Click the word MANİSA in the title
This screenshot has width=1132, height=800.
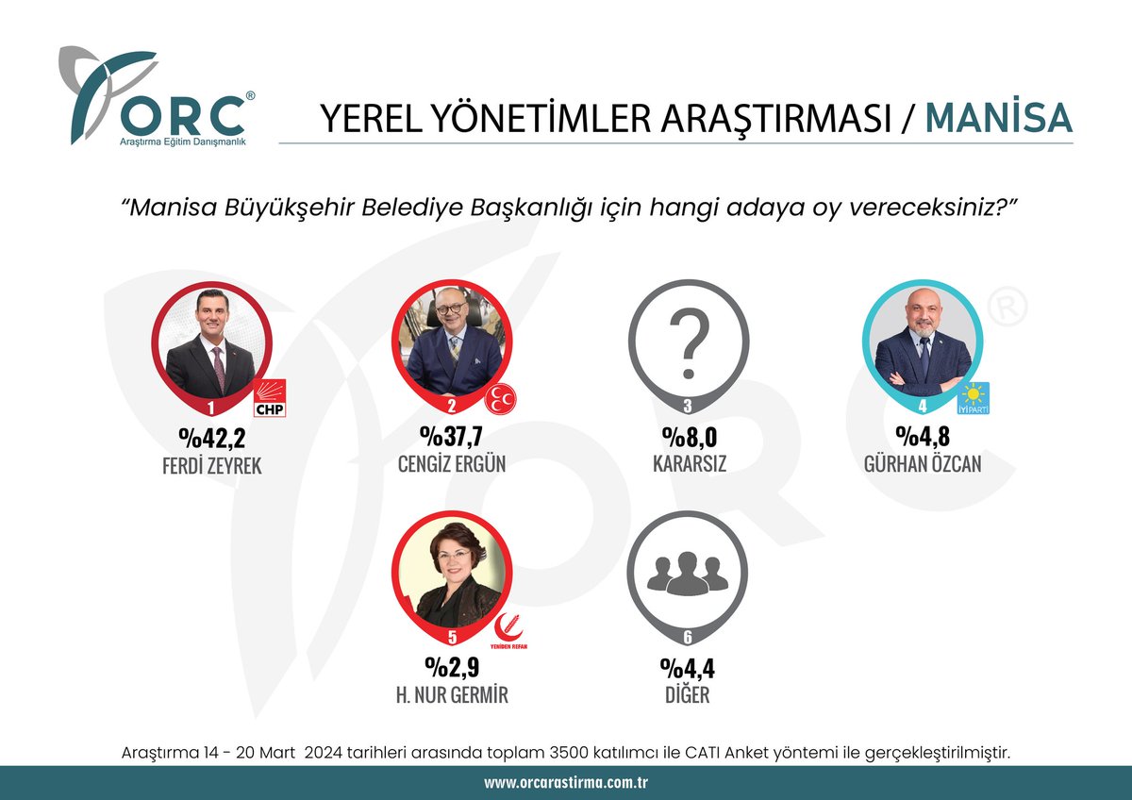coord(999,117)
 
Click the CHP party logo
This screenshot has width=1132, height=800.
coord(269,402)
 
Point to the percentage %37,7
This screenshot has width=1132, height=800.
coord(451,439)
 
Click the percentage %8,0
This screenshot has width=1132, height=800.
coord(688,439)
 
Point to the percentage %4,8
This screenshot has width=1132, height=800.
coord(923,439)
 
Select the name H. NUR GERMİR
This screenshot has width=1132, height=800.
coord(451,696)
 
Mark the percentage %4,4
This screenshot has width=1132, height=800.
coord(687,671)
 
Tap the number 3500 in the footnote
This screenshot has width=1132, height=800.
coord(559,752)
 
